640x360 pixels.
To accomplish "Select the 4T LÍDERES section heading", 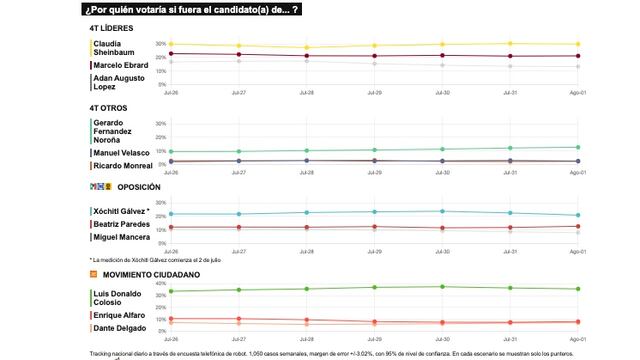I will pyautogui.click(x=112, y=28).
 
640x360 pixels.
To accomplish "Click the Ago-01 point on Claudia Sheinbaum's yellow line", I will pyautogui.click(x=577, y=44).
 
